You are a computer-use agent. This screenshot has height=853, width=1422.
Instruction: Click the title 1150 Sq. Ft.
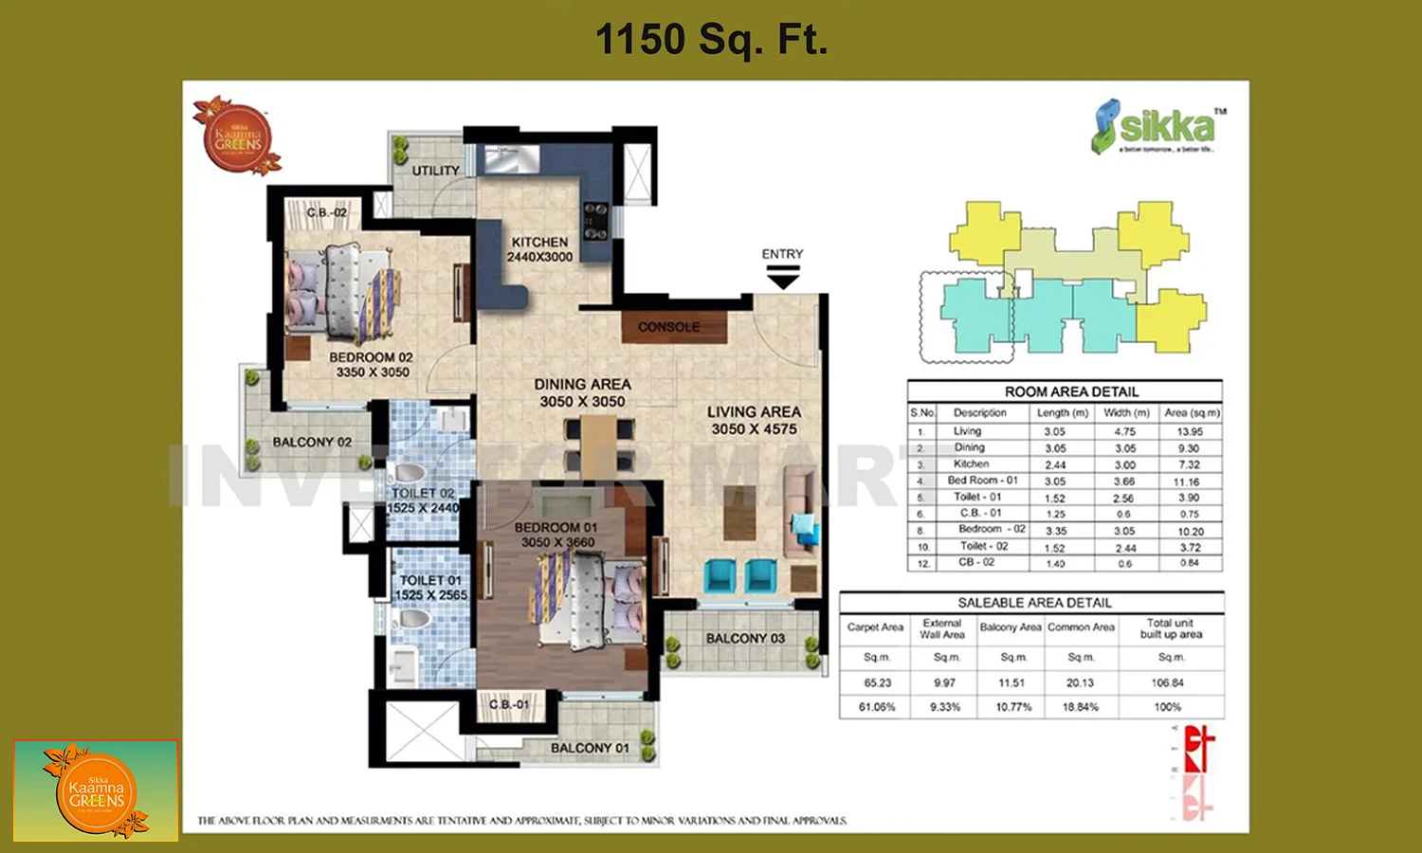pyautogui.click(x=711, y=40)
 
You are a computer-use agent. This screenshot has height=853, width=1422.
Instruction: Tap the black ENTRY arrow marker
pyautogui.click(x=782, y=278)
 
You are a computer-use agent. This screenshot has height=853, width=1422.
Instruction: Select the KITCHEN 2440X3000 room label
pyautogui.click(x=539, y=249)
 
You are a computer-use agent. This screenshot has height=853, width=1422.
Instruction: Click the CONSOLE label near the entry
pyautogui.click(x=668, y=327)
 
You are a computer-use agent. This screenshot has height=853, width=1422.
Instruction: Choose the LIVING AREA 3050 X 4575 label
pyautogui.click(x=754, y=420)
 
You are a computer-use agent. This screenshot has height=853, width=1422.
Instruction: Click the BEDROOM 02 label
pyautogui.click(x=372, y=365)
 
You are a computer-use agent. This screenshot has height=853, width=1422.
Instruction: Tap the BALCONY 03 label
pyautogui.click(x=745, y=639)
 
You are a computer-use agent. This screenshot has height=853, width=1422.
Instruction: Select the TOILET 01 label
pyautogui.click(x=430, y=588)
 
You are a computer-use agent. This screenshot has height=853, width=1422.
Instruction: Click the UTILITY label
pyautogui.click(x=435, y=171)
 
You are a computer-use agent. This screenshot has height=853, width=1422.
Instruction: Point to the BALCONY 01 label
pyautogui.click(x=590, y=748)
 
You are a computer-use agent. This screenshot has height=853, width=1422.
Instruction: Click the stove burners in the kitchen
pyautogui.click(x=595, y=221)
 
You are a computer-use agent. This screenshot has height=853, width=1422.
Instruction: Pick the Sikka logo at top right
pyautogui.click(x=1157, y=127)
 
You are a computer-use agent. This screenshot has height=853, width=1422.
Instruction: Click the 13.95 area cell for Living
pyautogui.click(x=1189, y=431)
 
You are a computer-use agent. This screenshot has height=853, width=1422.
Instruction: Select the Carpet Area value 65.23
pyautogui.click(x=877, y=682)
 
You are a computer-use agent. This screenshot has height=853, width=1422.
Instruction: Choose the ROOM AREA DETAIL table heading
pyautogui.click(x=1071, y=391)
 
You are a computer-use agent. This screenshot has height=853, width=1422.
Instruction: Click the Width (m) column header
pyautogui.click(x=1126, y=412)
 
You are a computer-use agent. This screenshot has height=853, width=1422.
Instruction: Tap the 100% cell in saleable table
pyautogui.click(x=1168, y=707)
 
